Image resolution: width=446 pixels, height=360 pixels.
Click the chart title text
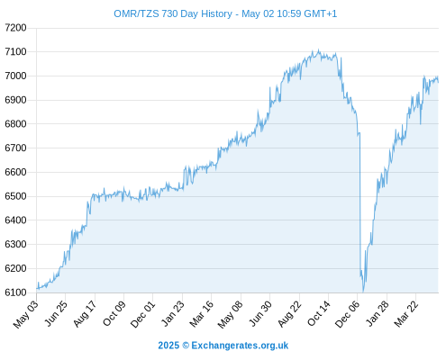click(225, 13)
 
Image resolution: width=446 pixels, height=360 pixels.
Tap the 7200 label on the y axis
click(15, 28)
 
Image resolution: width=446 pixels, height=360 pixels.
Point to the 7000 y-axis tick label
click(15, 76)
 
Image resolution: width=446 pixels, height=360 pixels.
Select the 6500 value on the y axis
click(15, 196)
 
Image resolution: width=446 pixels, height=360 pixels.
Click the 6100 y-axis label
click(15, 292)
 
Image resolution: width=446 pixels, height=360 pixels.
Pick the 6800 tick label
click(15, 124)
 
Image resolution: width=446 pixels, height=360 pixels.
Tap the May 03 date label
click(26, 314)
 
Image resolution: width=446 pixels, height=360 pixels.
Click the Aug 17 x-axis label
click(86, 313)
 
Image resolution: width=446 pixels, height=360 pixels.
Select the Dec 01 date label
click(143, 314)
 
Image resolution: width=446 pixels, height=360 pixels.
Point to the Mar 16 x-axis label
click(202, 313)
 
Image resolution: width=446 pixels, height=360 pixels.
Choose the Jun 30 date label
click(260, 313)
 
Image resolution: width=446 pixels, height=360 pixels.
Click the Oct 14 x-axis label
click(319, 313)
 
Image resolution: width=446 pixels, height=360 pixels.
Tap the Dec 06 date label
click(348, 314)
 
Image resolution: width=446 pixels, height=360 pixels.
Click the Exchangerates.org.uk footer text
click(240, 346)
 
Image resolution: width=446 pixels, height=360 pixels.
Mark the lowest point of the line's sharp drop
click(363, 292)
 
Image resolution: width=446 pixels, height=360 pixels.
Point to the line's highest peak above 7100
click(318, 49)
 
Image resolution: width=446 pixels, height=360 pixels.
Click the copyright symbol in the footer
click(186, 346)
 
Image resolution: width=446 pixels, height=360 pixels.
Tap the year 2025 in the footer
click(168, 346)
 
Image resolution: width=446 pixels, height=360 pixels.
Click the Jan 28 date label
click(378, 313)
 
